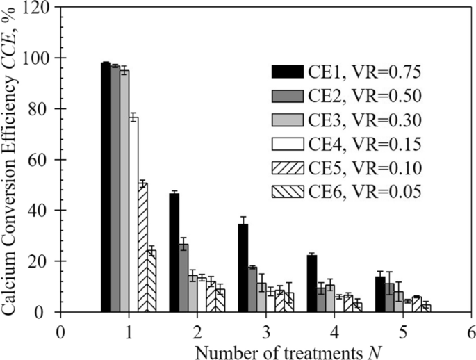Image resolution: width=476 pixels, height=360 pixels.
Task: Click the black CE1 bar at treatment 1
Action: [106, 188]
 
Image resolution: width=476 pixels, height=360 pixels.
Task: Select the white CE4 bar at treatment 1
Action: [133, 215]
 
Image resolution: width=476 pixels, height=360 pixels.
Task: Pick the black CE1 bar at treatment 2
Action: [174, 253]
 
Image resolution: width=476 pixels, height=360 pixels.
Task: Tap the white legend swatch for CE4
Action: [286, 145]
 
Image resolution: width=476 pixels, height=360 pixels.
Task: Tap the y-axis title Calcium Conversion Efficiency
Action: [13, 160]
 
